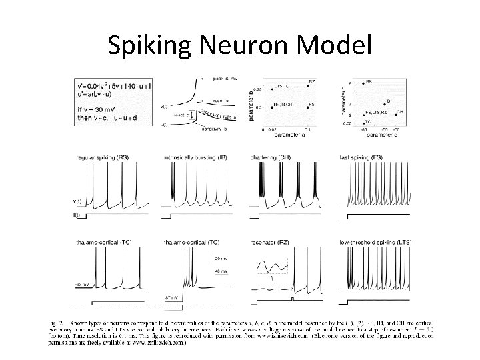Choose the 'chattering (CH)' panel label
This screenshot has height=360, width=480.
(x=270, y=157)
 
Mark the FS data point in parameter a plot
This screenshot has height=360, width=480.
(x=307, y=105)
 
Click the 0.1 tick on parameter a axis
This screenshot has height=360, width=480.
(x=307, y=129)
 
